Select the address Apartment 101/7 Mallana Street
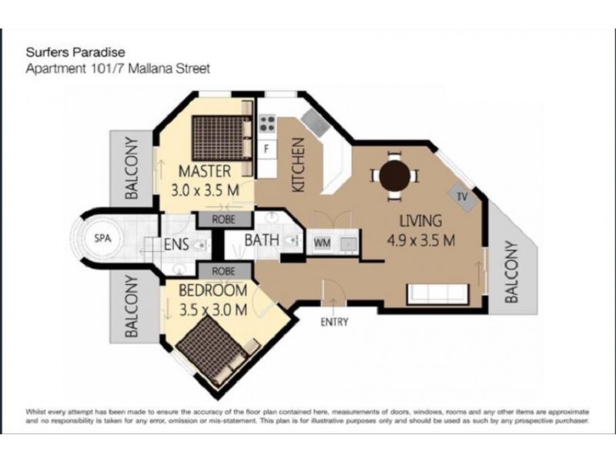(x=118, y=68)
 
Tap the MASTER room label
(x=206, y=170)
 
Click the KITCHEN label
(x=299, y=165)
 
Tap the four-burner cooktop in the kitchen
(x=267, y=122)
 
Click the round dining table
(x=396, y=176)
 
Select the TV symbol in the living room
(x=462, y=196)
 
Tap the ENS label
(x=178, y=246)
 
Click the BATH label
(x=261, y=240)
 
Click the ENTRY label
(x=334, y=322)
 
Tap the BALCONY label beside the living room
(x=514, y=270)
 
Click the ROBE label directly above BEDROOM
(x=224, y=270)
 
